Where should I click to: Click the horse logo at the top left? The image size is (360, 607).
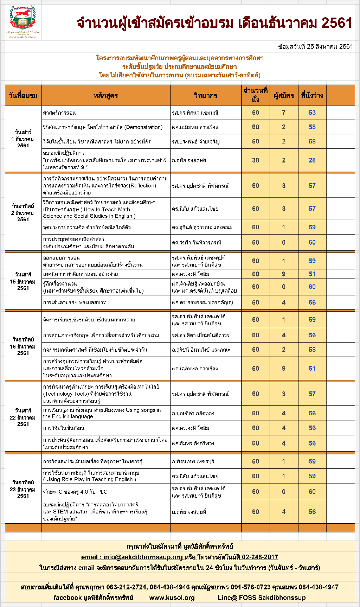[22, 18]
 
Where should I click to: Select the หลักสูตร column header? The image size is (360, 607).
[106, 95]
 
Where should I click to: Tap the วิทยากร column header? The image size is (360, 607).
[206, 95]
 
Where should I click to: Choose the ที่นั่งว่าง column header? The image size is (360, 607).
[312, 95]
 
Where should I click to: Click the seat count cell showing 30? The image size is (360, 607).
[256, 160]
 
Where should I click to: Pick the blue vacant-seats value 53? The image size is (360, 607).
[312, 113]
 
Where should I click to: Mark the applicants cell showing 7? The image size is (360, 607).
[284, 113]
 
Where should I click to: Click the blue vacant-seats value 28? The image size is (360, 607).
[312, 160]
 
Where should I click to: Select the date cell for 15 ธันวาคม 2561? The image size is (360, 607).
[23, 281]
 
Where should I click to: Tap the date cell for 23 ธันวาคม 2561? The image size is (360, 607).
[23, 489]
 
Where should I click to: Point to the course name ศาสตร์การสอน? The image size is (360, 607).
[59, 113]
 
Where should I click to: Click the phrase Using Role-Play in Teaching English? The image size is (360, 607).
[90, 479]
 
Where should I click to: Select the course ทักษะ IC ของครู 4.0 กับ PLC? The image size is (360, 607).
[75, 492]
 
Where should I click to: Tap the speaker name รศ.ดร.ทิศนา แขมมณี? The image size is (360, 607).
[195, 113]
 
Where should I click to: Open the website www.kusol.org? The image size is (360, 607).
[172, 598]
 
